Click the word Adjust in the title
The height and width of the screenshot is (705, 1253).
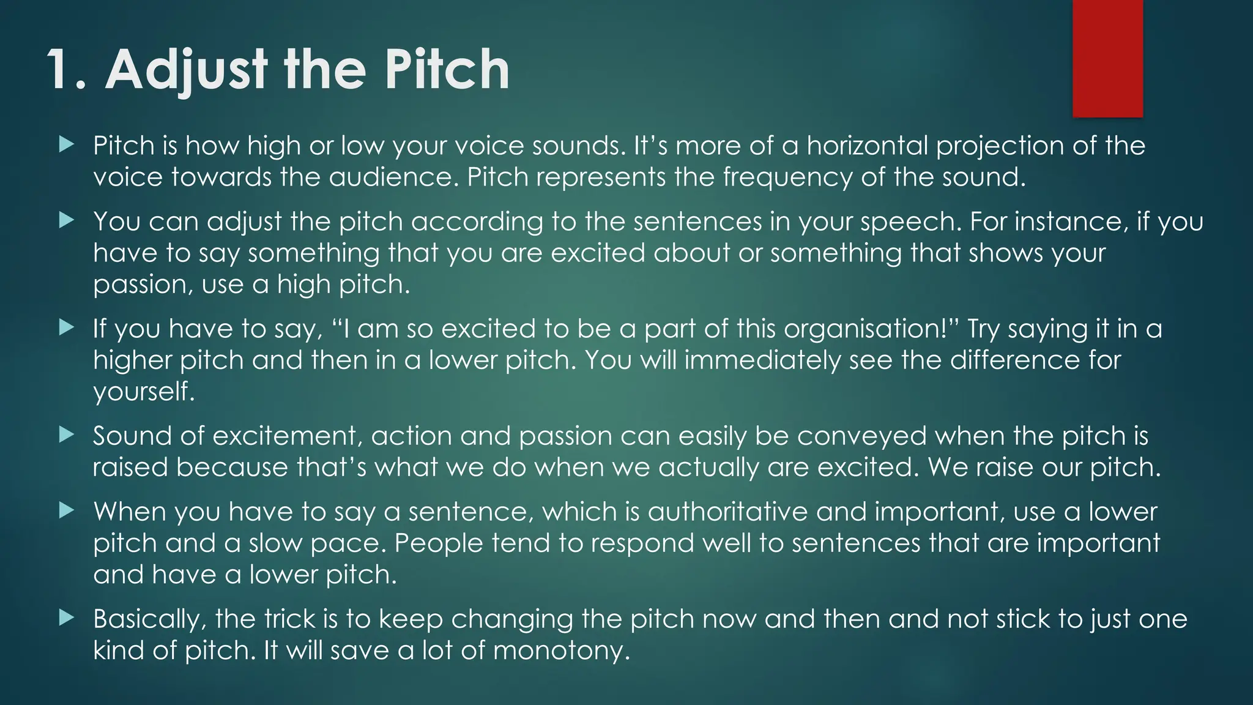tap(187, 70)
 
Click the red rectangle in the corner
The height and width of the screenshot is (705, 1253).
tap(1107, 58)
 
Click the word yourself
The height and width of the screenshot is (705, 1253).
tap(144, 391)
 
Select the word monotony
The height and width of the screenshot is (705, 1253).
tap(561, 650)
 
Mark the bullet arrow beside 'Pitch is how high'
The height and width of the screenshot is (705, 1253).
tap(67, 145)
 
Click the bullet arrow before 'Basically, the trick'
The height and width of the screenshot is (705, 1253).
tap(67, 618)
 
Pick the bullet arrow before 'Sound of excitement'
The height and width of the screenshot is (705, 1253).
tap(67, 435)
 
